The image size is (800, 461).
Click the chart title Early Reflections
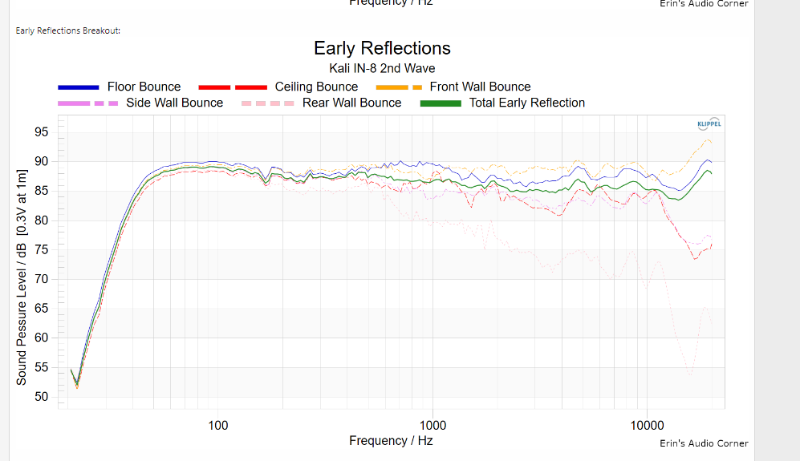pyautogui.click(x=382, y=48)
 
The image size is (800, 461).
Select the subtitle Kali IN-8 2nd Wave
pyautogui.click(x=382, y=68)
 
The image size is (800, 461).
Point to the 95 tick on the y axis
pyautogui.click(x=42, y=132)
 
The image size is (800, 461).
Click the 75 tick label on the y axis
pyautogui.click(x=42, y=250)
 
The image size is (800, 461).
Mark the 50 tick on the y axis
pyautogui.click(x=42, y=397)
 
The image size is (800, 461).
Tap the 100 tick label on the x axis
pyautogui.click(x=217, y=424)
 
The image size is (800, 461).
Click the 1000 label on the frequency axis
pyautogui.click(x=432, y=424)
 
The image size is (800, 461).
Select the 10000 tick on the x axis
pyautogui.click(x=648, y=424)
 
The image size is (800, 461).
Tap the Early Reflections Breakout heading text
pyautogui.click(x=67, y=30)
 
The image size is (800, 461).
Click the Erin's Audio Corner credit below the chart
pyautogui.click(x=704, y=443)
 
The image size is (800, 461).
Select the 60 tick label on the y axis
pyautogui.click(x=42, y=338)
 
